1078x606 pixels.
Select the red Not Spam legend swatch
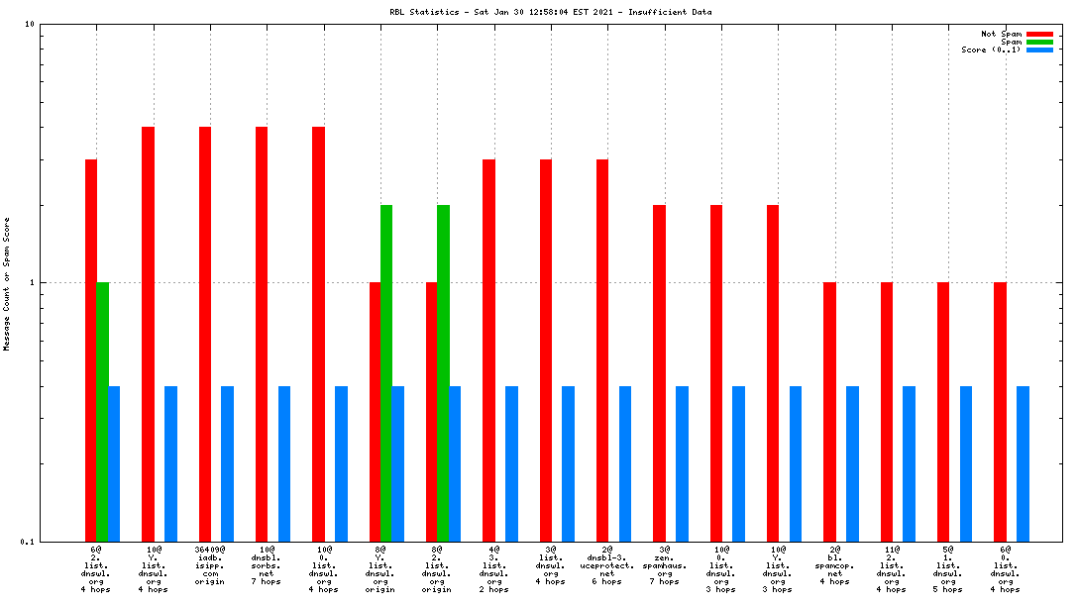[1039, 34]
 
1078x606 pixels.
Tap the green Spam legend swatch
[1039, 42]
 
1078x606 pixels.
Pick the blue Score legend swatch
[1039, 50]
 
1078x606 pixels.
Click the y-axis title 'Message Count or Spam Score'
[6, 283]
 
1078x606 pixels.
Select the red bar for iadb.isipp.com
[205, 334]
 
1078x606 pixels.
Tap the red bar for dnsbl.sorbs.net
[262, 334]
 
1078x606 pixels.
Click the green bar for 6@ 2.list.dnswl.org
[102, 411]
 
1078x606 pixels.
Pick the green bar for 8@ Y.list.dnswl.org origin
[386, 372]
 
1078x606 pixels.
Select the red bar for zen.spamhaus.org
[659, 372]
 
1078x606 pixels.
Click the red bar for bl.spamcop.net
[829, 411]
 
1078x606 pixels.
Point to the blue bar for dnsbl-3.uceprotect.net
[625, 463]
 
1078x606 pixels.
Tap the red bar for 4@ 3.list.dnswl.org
[488, 350]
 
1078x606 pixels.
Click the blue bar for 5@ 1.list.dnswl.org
[966, 463]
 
